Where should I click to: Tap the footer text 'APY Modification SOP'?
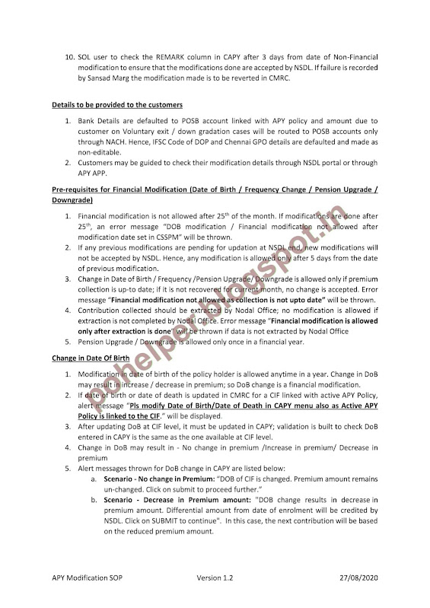(88, 579)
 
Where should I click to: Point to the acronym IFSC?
(164, 141)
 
